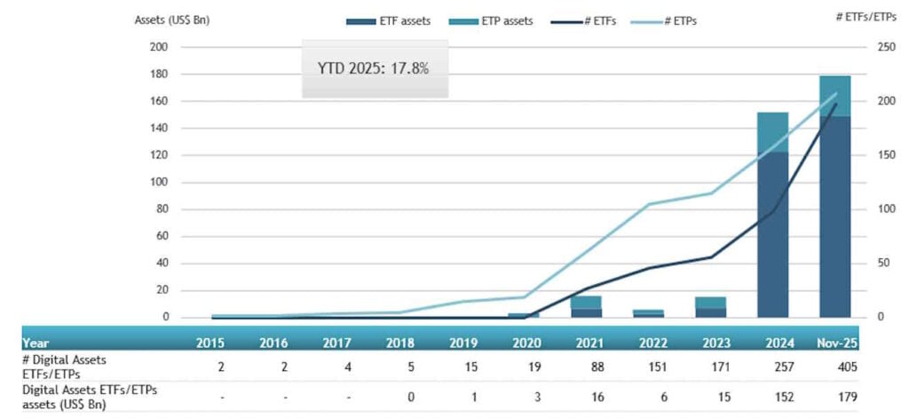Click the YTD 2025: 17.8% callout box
click(x=374, y=67)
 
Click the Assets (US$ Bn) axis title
click(x=171, y=20)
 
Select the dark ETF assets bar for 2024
click(x=772, y=234)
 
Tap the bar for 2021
click(x=586, y=306)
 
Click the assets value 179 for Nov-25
click(x=834, y=396)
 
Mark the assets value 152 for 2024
click(x=772, y=396)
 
